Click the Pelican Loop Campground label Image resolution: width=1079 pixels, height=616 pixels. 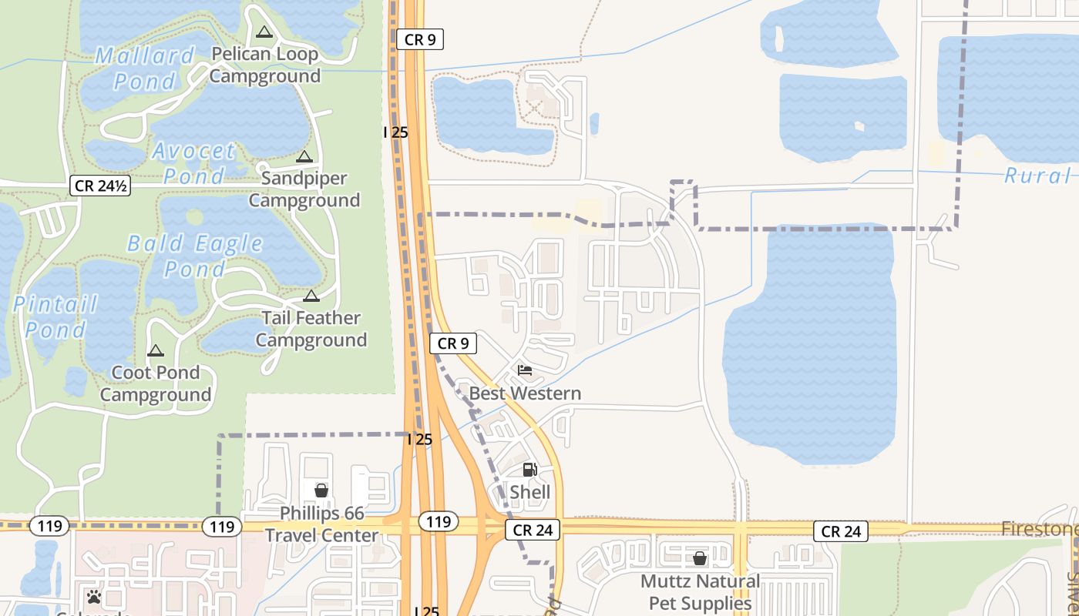[x=264, y=65]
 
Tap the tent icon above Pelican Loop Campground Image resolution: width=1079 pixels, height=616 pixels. [x=264, y=32]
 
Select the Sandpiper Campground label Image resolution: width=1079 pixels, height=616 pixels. [x=304, y=189]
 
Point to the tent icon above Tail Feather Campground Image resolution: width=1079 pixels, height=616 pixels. [x=311, y=296]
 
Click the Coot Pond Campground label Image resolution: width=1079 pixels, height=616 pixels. [x=156, y=383]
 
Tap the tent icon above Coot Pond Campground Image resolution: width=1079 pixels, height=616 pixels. [x=156, y=351]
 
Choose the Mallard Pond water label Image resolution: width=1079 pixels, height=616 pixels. [x=145, y=68]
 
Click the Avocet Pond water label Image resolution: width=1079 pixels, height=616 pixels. [x=193, y=162]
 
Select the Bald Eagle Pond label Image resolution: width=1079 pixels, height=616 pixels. [x=195, y=256]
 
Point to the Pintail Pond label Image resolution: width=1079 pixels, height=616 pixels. [x=55, y=316]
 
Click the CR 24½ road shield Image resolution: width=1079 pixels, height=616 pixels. [x=99, y=186]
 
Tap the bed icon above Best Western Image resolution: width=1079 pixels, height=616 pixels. [x=525, y=370]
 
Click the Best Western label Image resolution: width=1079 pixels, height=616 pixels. [x=525, y=393]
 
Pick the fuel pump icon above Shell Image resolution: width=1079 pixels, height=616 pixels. [x=529, y=470]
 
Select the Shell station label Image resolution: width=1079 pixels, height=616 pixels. [x=530, y=492]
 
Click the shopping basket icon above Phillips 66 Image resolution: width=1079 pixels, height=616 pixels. [x=321, y=490]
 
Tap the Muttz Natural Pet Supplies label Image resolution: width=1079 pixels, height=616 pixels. [x=700, y=591]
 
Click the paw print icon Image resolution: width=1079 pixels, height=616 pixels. [x=94, y=597]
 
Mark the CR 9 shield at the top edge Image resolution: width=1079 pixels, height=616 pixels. [x=420, y=39]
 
